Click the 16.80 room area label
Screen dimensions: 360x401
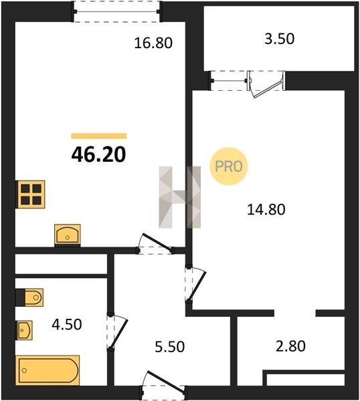(153, 43)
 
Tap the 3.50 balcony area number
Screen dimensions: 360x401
(279, 39)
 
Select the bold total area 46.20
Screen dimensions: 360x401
(98, 154)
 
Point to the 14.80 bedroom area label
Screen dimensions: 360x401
(266, 209)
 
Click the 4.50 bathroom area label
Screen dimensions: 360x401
(67, 324)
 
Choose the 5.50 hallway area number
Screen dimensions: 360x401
(170, 347)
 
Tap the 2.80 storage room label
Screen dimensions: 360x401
(290, 346)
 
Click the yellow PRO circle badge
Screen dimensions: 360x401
(229, 166)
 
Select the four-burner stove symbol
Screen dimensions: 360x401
(31, 194)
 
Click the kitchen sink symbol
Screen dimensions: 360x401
(68, 235)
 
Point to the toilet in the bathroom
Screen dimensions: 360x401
(29, 297)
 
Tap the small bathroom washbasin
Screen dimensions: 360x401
(24, 330)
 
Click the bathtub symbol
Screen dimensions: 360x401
(48, 370)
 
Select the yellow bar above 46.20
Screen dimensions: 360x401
(99, 136)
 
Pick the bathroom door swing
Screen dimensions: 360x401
(117, 332)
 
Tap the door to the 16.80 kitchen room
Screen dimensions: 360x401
(155, 243)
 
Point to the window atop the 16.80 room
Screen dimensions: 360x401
(116, 11)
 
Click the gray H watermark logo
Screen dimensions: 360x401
(180, 197)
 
